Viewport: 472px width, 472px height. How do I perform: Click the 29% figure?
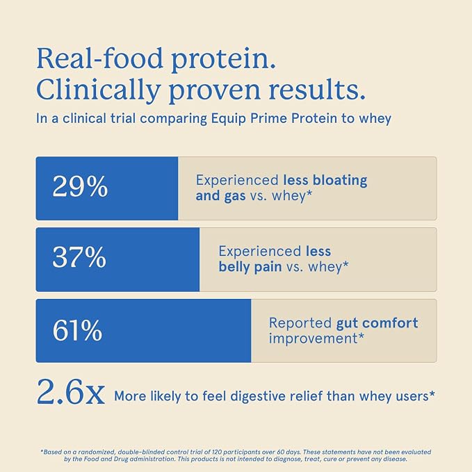(x=80, y=186)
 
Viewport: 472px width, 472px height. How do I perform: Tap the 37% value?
(x=79, y=257)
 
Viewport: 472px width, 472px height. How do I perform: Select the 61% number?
(x=77, y=330)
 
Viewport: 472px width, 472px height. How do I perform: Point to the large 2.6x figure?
(x=71, y=392)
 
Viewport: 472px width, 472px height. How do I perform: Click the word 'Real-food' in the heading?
(x=99, y=58)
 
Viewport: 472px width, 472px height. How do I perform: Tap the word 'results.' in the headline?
(x=317, y=90)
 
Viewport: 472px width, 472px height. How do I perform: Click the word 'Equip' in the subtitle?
(x=228, y=119)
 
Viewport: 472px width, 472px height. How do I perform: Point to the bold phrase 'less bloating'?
(x=325, y=180)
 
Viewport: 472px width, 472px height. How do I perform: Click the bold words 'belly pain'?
(x=250, y=267)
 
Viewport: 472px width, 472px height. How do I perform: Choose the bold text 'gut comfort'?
(x=377, y=323)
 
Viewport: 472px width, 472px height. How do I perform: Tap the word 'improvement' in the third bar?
(x=313, y=339)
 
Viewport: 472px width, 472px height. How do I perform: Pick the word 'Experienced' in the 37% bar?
(x=260, y=252)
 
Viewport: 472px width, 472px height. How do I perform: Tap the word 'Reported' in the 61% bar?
(x=300, y=323)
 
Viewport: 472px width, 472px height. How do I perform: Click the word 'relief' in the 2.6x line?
(x=306, y=396)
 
